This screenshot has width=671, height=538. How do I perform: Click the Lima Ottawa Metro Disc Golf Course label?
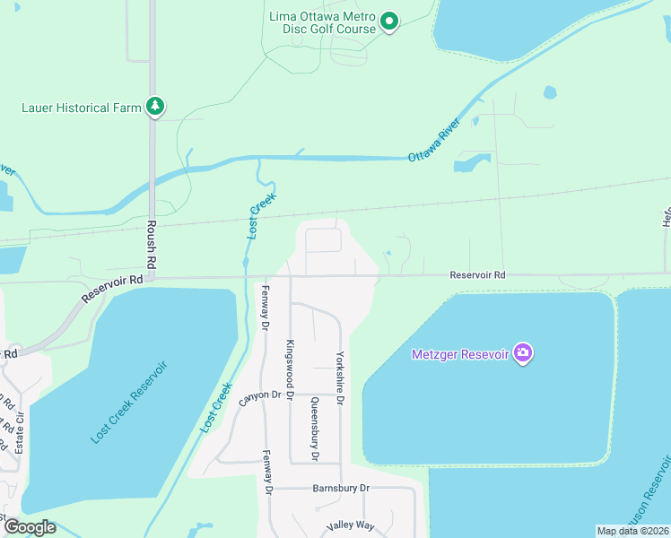(x=322, y=22)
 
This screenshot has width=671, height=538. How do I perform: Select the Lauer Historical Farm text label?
(x=82, y=108)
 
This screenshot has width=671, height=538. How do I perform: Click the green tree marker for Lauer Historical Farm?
(x=156, y=107)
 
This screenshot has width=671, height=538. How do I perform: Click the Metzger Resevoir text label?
(x=460, y=354)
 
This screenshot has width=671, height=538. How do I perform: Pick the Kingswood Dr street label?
(x=290, y=369)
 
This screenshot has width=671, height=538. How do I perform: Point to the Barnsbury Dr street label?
(x=341, y=488)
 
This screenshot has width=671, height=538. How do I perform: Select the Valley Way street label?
(x=351, y=525)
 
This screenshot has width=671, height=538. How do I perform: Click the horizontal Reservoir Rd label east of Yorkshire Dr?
(x=477, y=275)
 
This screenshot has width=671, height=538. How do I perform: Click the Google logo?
(x=29, y=526)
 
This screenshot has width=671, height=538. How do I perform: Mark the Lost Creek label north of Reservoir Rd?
(x=259, y=216)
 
